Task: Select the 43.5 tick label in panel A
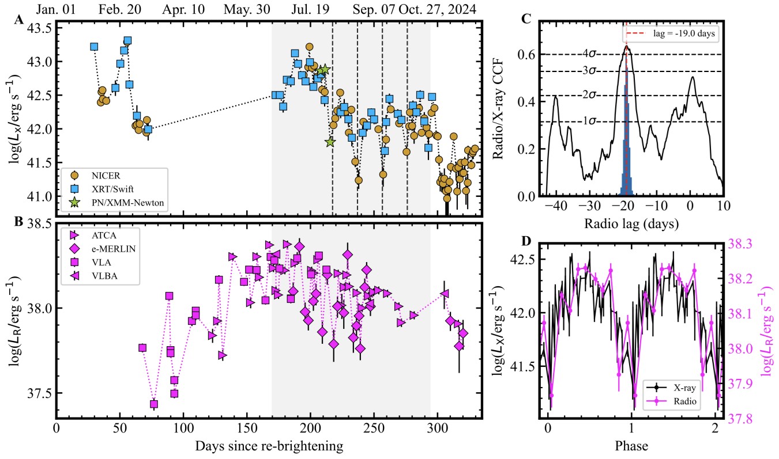point(40,28)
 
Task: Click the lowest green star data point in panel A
point(330,142)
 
